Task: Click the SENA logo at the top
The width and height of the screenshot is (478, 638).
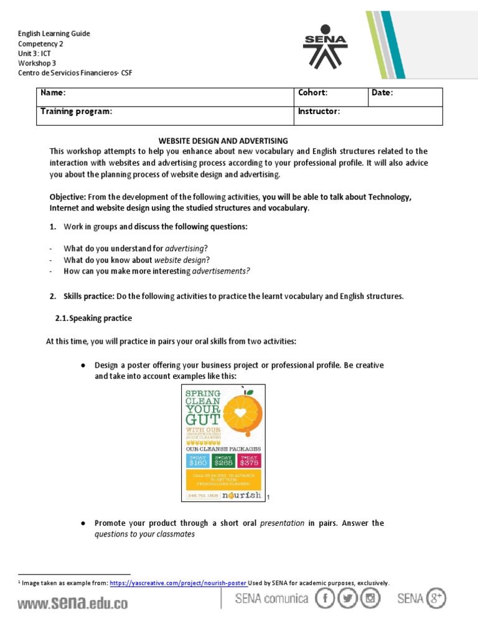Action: coord(325,47)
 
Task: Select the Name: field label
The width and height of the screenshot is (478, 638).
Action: coord(53,93)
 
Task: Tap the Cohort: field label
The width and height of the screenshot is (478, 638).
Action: coord(312,93)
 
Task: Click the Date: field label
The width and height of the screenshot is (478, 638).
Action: coord(382,93)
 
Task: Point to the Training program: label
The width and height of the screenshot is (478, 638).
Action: coord(76,112)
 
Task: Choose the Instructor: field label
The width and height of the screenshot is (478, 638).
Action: coord(319,112)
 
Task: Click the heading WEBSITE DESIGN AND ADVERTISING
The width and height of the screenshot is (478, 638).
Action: coord(223,141)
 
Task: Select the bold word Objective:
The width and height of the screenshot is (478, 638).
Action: coord(68,197)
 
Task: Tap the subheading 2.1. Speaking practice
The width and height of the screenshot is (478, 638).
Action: coord(94,318)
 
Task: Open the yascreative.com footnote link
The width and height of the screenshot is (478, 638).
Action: coord(178,583)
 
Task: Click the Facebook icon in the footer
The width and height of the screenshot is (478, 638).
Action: coord(325,599)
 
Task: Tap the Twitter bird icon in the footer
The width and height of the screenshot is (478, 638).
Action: coord(349,599)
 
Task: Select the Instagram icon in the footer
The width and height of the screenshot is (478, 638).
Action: coord(372,599)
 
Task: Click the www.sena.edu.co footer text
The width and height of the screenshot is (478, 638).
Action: coord(72,603)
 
